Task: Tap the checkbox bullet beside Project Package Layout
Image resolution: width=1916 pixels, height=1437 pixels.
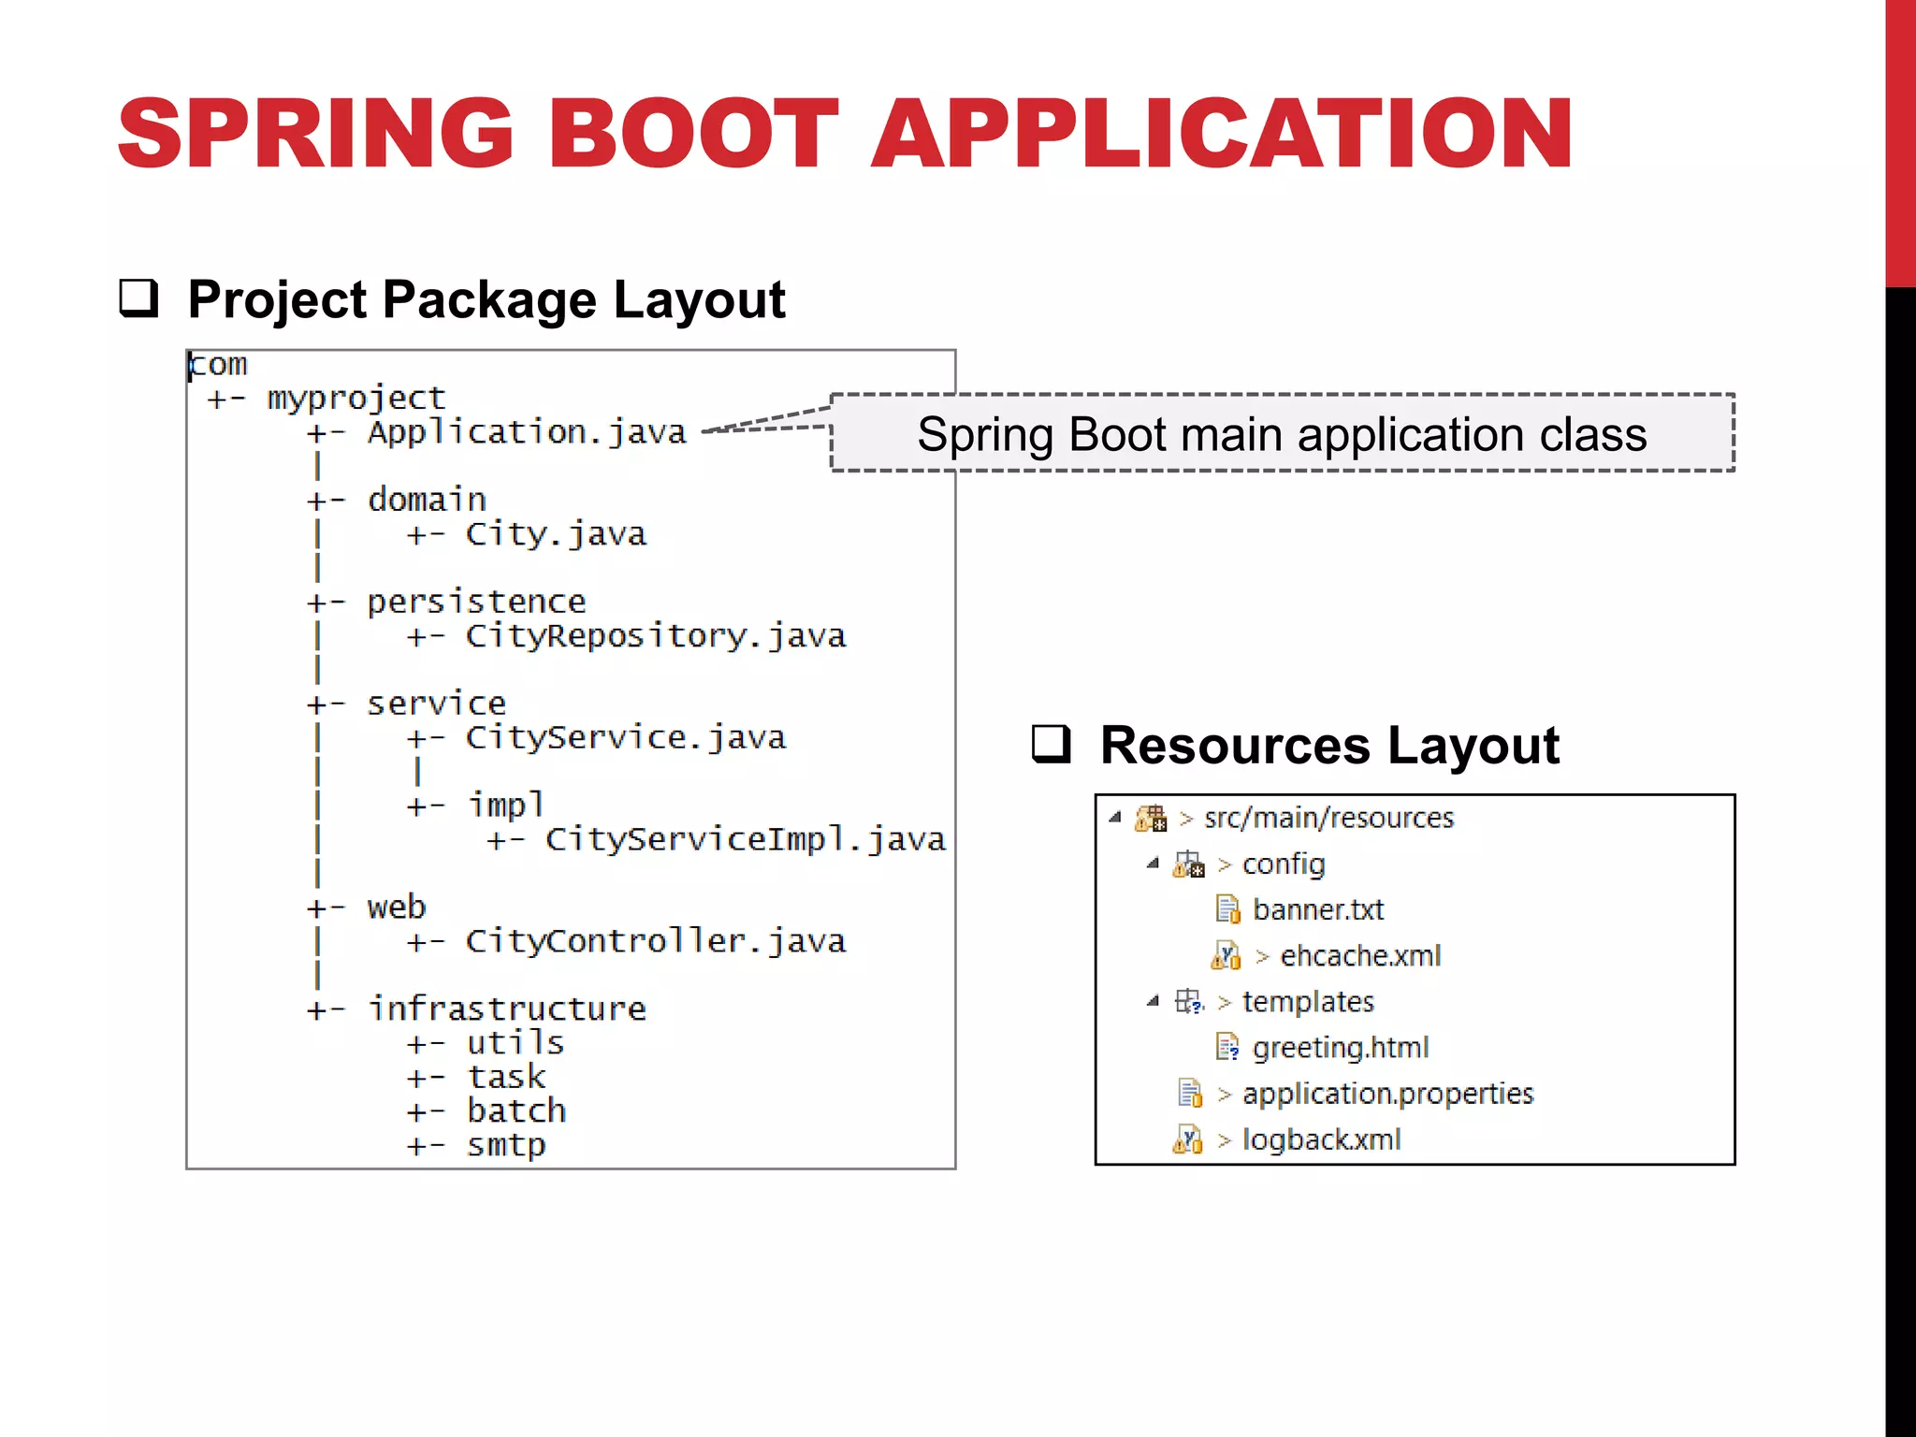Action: [x=138, y=298]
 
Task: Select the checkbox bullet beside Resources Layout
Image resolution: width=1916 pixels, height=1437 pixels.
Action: [x=1051, y=745]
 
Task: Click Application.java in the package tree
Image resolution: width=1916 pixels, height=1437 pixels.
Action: [x=527, y=432]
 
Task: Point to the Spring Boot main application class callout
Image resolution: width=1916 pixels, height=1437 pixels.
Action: [x=1282, y=434]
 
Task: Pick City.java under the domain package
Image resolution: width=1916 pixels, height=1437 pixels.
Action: [x=556, y=534]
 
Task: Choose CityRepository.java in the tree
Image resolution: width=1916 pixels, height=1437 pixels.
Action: [x=656, y=636]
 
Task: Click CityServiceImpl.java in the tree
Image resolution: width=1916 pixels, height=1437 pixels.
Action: [x=745, y=839]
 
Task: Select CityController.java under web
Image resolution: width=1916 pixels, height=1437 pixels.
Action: [x=656, y=941]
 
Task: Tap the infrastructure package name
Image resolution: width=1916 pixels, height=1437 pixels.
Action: [x=506, y=1009]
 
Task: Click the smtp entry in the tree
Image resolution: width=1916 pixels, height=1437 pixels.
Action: [x=506, y=1145]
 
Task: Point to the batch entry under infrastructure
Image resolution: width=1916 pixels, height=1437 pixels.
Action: [x=516, y=1111]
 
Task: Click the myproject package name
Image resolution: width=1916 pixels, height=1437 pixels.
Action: [x=356, y=399]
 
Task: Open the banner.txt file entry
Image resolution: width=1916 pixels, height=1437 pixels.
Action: [x=1317, y=909]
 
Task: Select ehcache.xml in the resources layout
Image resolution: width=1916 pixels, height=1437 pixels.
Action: [x=1359, y=955]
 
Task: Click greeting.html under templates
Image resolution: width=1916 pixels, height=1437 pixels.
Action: [x=1340, y=1048]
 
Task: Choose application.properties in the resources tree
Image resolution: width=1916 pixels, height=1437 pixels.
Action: [x=1387, y=1094]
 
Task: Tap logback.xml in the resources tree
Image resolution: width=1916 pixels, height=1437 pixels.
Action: [x=1321, y=1139]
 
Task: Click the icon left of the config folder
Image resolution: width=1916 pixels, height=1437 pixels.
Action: [x=1188, y=864]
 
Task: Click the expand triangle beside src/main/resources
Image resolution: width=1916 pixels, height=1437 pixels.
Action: [x=1114, y=818]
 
